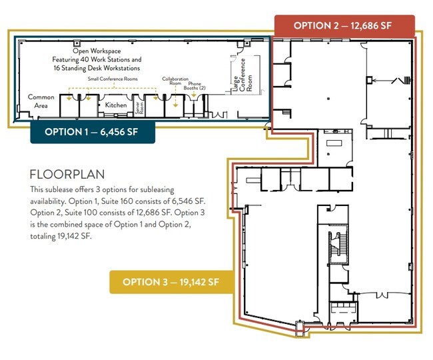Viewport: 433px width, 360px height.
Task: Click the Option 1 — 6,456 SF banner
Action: [93, 132]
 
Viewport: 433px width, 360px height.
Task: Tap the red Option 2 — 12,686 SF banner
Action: [344, 26]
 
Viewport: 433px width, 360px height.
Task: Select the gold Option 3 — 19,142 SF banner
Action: [171, 282]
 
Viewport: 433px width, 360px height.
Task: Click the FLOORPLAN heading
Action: [67, 175]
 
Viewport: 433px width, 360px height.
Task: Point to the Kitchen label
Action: [116, 105]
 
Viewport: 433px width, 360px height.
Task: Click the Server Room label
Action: [139, 108]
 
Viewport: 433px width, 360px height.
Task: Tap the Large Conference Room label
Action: [242, 75]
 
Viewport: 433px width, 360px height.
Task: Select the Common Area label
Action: [41, 101]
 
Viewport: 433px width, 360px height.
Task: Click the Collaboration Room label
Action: [175, 81]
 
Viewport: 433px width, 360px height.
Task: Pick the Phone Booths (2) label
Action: [195, 85]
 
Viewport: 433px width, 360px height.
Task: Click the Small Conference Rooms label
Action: [113, 79]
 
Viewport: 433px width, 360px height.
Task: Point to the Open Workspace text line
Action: [97, 51]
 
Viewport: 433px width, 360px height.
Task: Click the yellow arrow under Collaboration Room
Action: [175, 97]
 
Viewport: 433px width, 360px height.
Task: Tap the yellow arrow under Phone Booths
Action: [194, 94]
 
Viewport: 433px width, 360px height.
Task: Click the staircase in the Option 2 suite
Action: [337, 248]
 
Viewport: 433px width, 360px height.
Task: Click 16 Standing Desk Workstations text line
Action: [97, 68]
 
